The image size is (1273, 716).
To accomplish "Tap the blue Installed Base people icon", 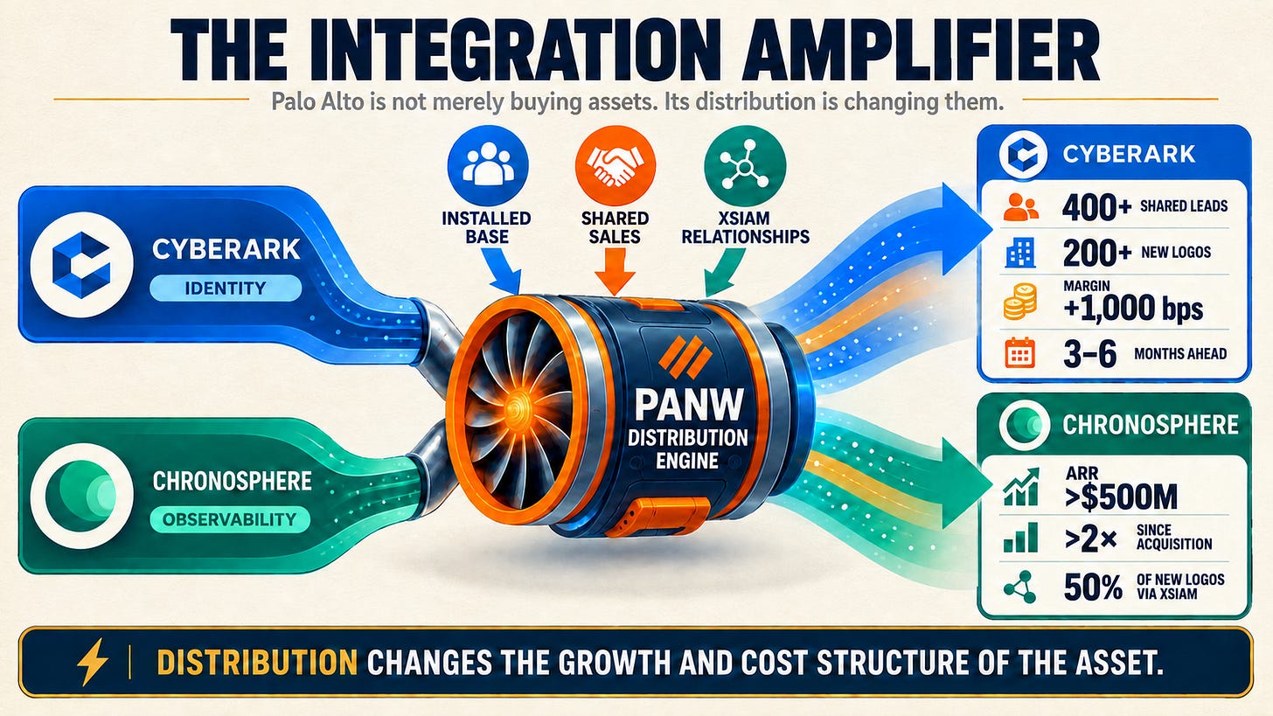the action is click(x=488, y=165).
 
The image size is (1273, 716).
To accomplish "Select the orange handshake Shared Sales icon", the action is click(x=615, y=165).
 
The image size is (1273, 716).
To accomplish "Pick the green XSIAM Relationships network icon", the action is click(x=745, y=165).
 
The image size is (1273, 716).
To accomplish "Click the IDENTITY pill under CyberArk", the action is click(x=226, y=288).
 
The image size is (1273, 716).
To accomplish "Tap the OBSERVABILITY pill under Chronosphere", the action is click(x=230, y=518).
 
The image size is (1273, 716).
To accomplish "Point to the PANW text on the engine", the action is click(x=688, y=404).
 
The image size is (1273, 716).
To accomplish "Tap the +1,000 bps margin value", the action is click(x=1133, y=309).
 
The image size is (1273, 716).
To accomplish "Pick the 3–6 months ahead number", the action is click(x=1089, y=354).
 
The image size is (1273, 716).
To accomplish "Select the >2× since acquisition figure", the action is click(x=1090, y=538).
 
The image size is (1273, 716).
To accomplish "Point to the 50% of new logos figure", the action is click(x=1093, y=587).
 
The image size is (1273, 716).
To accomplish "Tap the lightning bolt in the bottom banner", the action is click(x=93, y=662).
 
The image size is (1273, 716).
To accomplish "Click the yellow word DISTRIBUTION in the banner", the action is click(x=257, y=662).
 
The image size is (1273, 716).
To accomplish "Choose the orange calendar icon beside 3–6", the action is click(x=1019, y=353).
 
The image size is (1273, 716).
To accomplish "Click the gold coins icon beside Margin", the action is click(x=1019, y=301).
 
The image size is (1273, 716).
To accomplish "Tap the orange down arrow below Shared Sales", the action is click(x=615, y=272).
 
